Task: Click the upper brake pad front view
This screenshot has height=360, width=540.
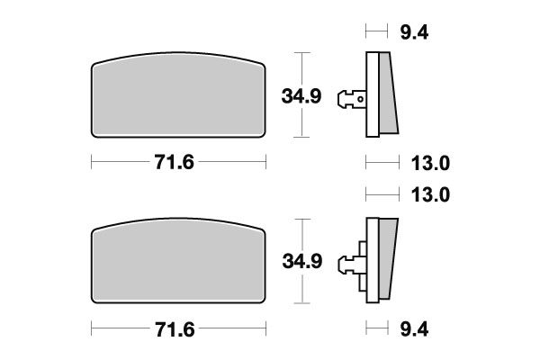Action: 179,99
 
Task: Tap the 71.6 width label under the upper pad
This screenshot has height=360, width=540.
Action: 179,163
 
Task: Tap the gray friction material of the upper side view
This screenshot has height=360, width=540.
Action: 385,94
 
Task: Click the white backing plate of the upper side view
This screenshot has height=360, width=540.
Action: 369,94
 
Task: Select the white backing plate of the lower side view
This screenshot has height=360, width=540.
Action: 369,261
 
